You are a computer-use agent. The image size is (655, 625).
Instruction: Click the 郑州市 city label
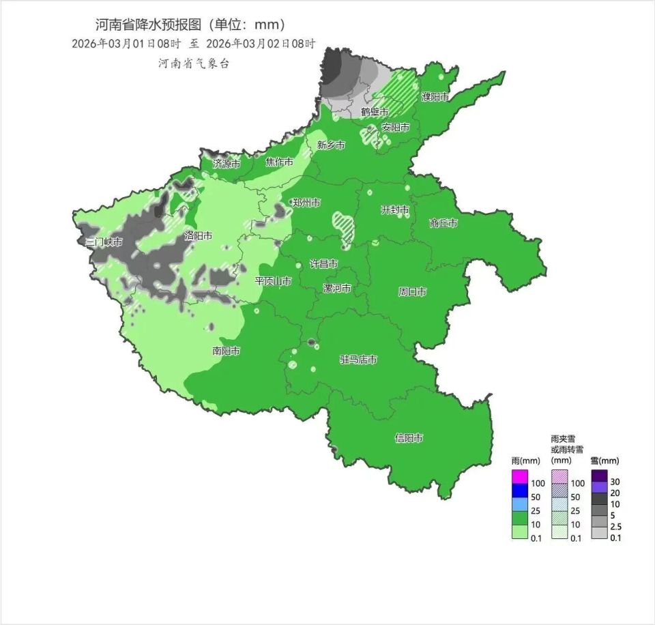click(x=306, y=203)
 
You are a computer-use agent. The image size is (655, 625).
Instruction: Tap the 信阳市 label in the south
click(x=409, y=438)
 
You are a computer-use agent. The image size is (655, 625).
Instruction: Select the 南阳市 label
click(x=226, y=351)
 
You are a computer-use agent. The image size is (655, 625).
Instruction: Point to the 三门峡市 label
click(x=104, y=242)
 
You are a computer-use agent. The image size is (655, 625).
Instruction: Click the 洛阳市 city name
click(x=199, y=235)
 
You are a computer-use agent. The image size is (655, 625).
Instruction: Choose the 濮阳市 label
click(x=435, y=97)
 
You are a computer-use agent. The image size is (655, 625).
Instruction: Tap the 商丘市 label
click(x=443, y=223)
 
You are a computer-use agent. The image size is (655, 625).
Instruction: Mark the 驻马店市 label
click(x=359, y=360)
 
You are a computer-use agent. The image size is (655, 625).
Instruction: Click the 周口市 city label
click(x=412, y=292)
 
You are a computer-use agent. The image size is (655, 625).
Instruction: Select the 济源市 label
click(x=227, y=164)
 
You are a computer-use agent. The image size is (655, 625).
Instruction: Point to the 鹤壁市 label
click(x=375, y=112)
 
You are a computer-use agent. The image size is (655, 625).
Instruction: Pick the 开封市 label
click(x=395, y=209)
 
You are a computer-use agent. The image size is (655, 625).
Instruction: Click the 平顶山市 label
click(x=274, y=281)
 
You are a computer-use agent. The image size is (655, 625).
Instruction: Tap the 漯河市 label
click(x=337, y=289)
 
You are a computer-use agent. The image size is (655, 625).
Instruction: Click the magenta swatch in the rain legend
click(x=520, y=476)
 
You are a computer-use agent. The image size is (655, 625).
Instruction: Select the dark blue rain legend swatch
click(x=520, y=490)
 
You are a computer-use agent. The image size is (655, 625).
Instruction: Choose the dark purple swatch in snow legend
click(x=599, y=476)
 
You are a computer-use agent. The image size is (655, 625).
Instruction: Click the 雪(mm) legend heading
click(x=605, y=461)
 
